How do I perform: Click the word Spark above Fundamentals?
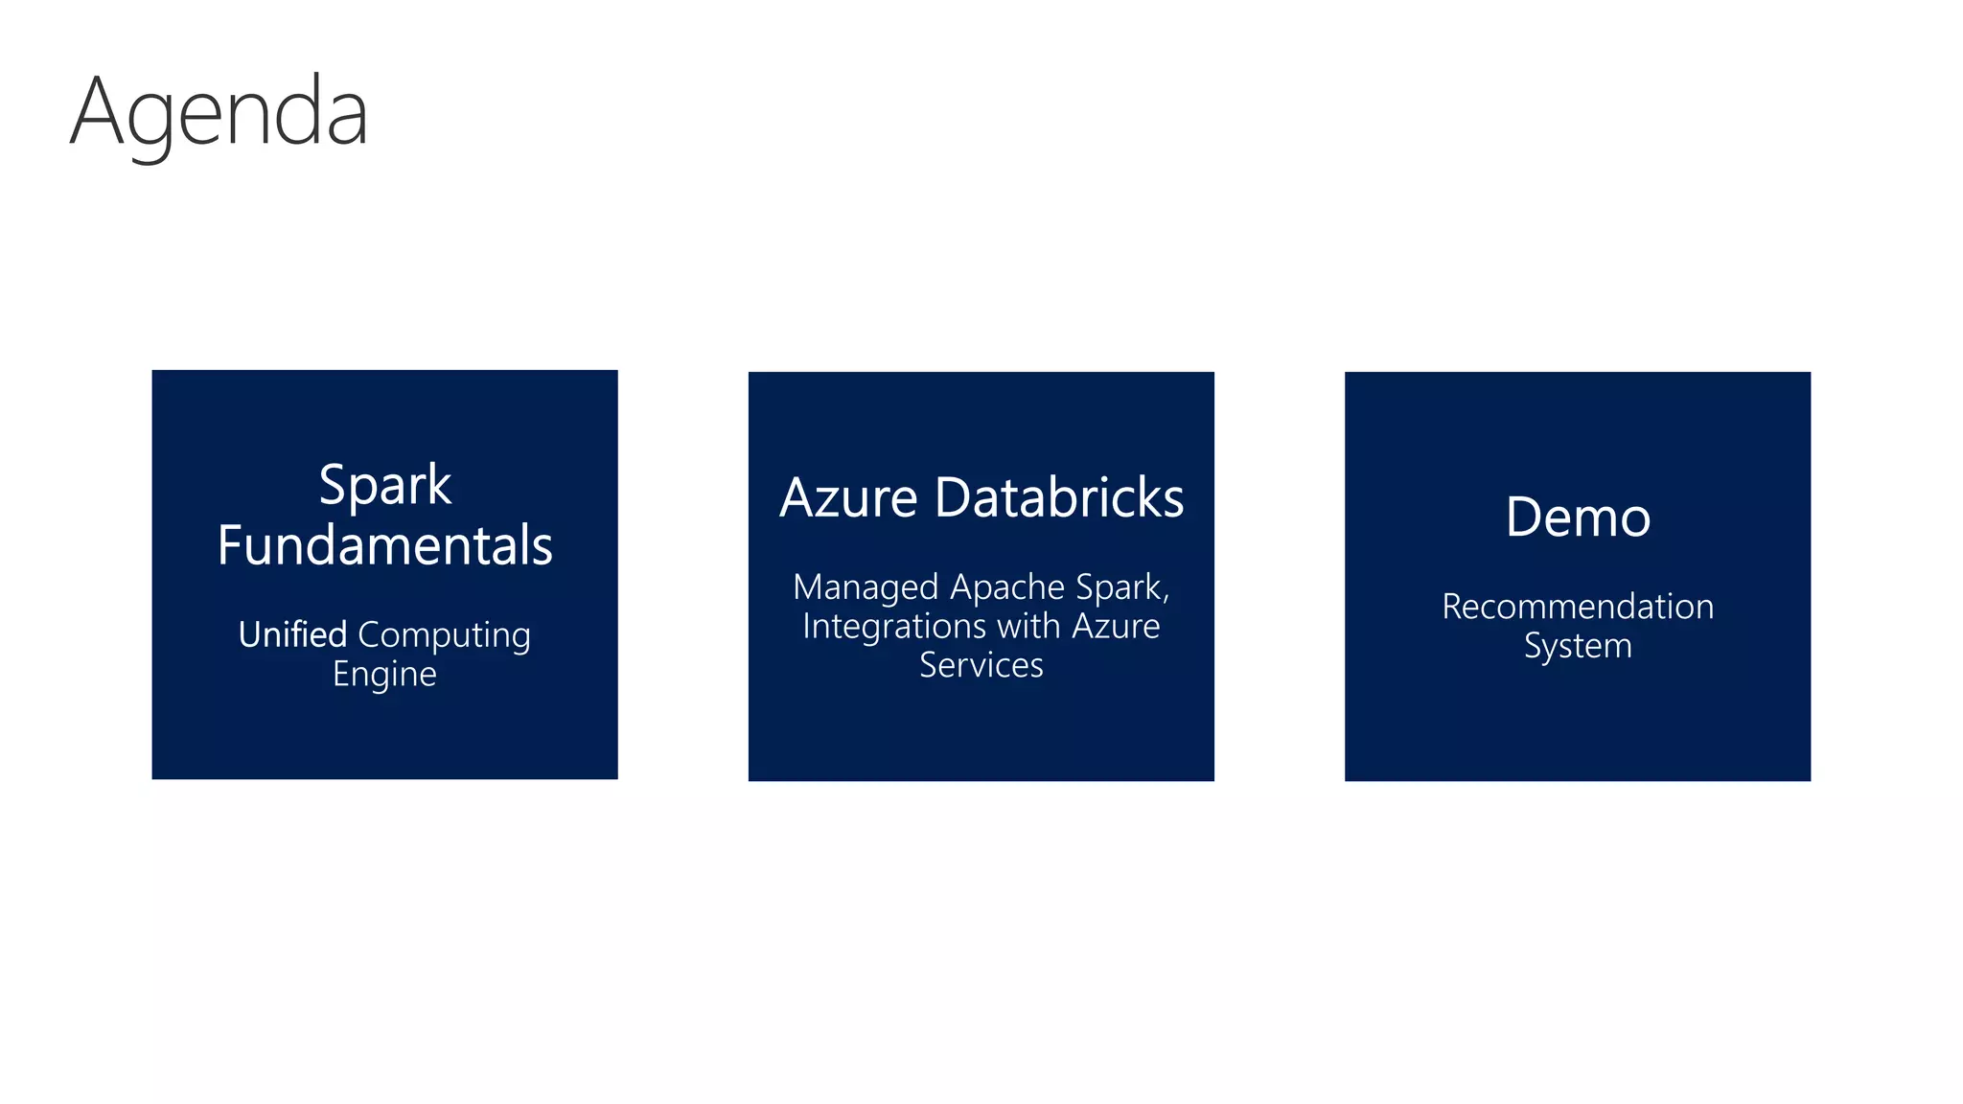click(x=384, y=486)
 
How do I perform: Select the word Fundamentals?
click(x=384, y=545)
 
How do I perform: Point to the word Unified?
click(x=292, y=634)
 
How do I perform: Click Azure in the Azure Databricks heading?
click(x=848, y=498)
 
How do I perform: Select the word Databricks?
click(x=1059, y=498)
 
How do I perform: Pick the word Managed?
click(x=866, y=587)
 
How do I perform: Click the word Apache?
click(x=1007, y=586)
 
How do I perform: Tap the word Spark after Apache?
click(x=1118, y=587)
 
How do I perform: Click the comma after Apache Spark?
click(x=1166, y=598)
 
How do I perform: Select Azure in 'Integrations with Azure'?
click(x=1116, y=627)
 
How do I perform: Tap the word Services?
click(x=981, y=665)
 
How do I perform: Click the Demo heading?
click(x=1578, y=517)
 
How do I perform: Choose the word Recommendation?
click(x=1578, y=607)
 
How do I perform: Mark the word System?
click(x=1578, y=647)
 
